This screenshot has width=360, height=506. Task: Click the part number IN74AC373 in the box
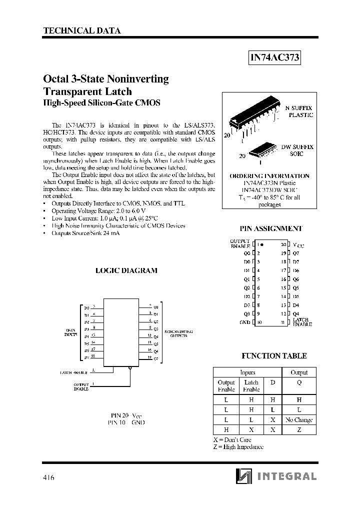274,57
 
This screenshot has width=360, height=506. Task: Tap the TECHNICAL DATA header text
82,30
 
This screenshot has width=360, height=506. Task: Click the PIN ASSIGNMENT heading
271,228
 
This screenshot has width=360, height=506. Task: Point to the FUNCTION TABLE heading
274,356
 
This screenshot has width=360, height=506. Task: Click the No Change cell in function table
299,420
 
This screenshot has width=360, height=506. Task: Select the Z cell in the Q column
299,430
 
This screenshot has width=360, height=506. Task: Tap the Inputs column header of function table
247,372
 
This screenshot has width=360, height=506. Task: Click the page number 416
48,477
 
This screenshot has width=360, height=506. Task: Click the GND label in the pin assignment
244,322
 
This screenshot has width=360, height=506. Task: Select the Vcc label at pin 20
298,245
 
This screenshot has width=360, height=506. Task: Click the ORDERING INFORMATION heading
269,176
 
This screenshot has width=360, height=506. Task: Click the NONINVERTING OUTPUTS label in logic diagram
178,334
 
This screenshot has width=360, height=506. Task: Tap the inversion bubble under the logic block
130,367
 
